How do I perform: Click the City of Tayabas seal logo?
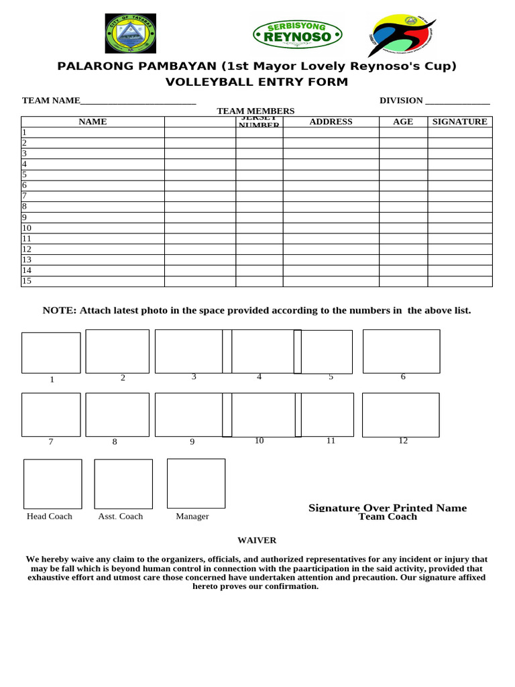pos(130,34)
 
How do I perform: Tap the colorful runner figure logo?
pos(402,35)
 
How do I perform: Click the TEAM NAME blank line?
pos(138,101)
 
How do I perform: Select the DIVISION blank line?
pos(457,101)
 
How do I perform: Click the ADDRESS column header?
pos(331,121)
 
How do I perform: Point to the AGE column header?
pos(403,121)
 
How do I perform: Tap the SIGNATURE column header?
pos(460,121)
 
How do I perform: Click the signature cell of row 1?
pos(460,132)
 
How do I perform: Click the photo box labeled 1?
pos(51,353)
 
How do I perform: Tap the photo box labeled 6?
pos(401,351)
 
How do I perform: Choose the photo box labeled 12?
pos(400,415)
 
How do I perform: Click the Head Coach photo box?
pos(53,484)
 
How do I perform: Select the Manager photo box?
pos(196,483)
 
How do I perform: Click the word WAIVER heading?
pos(257,540)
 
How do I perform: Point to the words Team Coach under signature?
pos(388,517)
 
